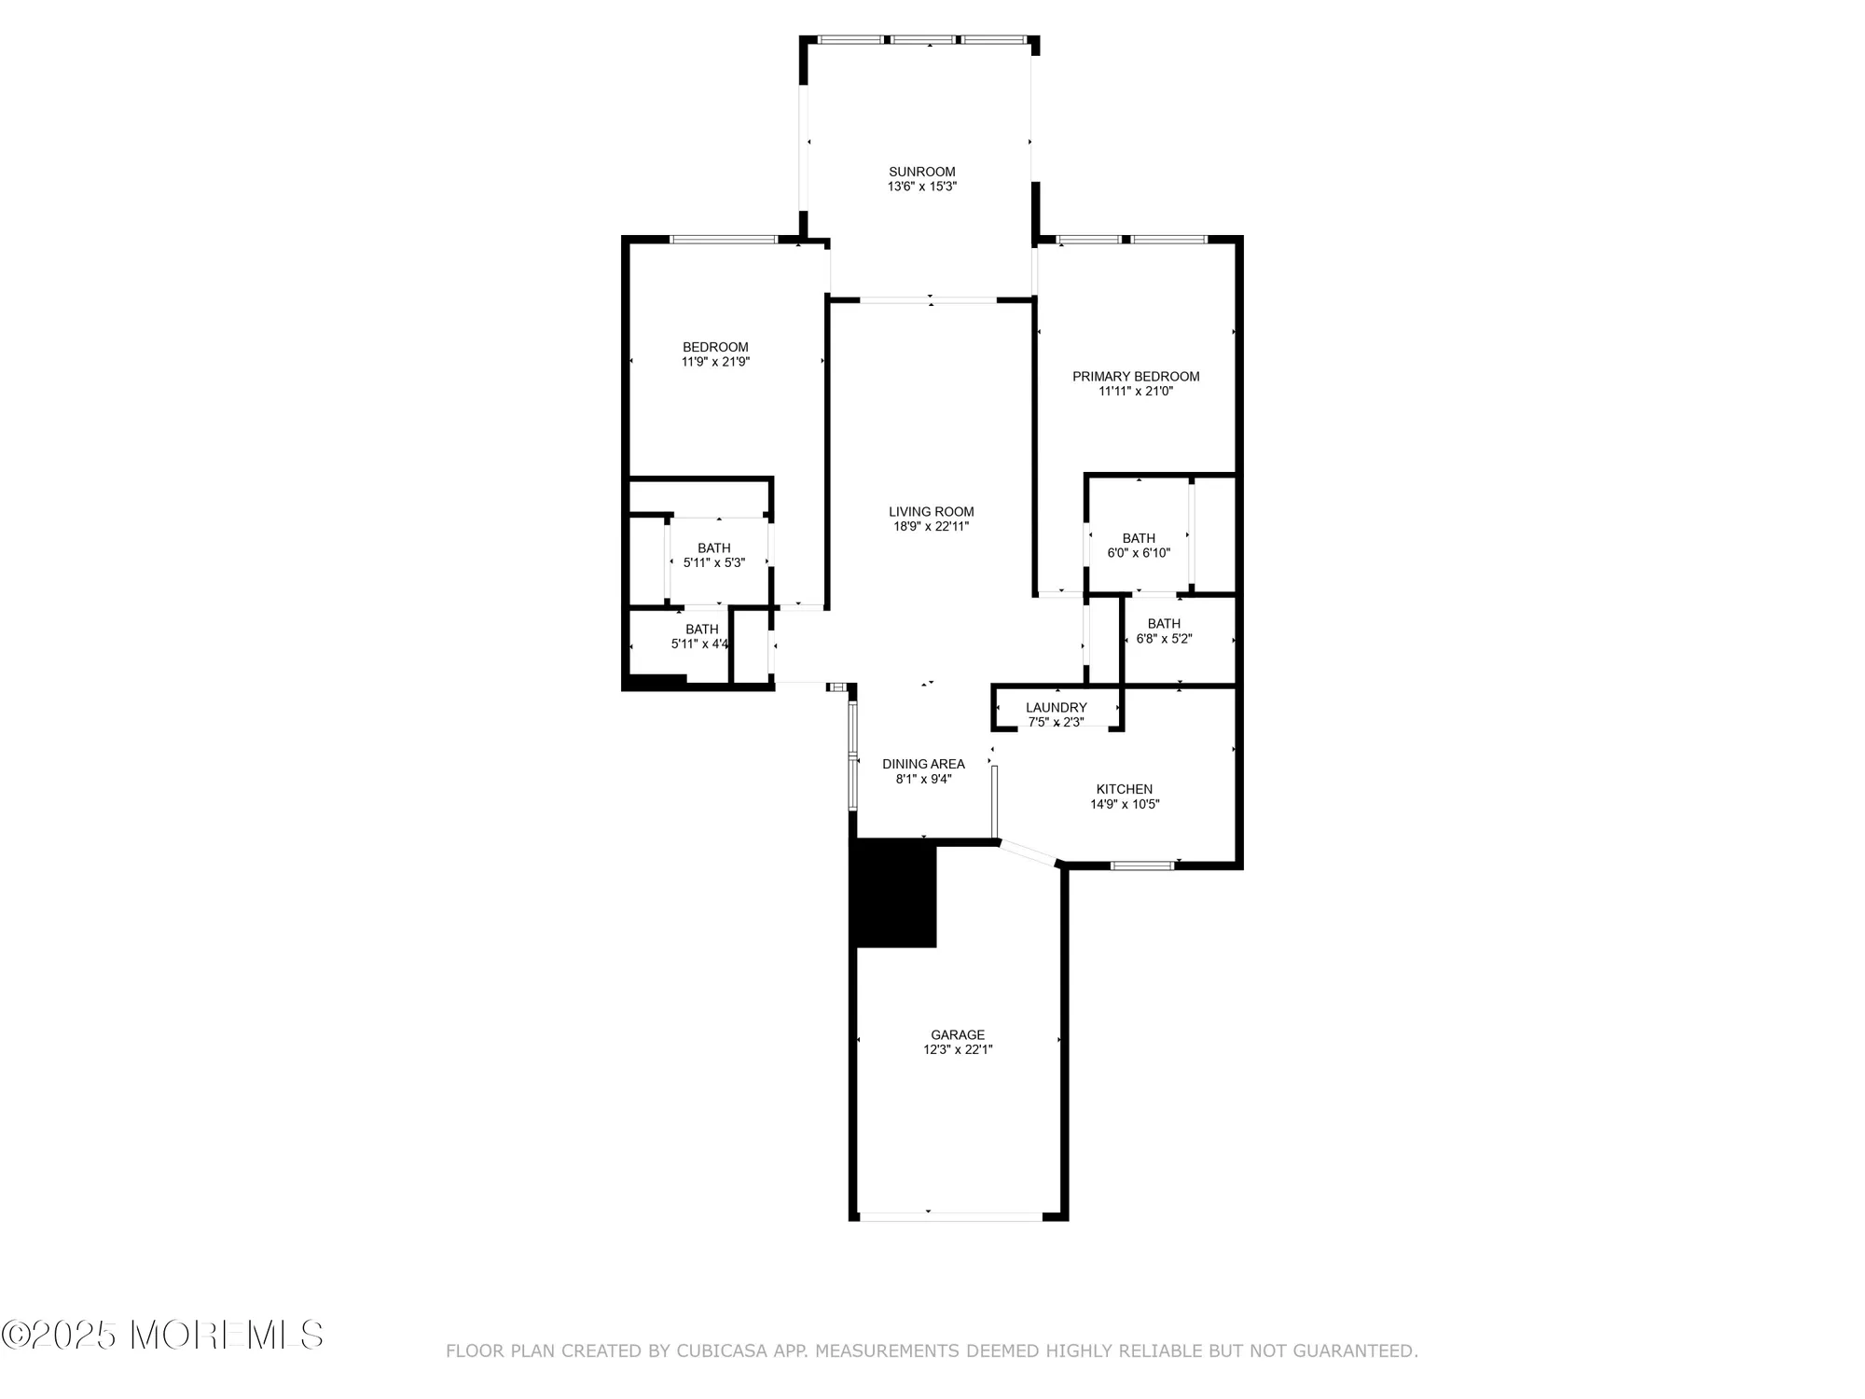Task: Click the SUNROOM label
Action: (921, 172)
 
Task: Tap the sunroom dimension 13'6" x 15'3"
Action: (921, 187)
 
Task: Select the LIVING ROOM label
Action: (931, 511)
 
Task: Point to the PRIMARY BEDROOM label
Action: (1135, 377)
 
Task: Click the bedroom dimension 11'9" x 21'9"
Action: (715, 362)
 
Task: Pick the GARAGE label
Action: (957, 1034)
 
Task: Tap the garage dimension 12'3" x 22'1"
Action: (957, 1049)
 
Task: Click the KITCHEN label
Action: (1124, 789)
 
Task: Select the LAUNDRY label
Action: (1056, 707)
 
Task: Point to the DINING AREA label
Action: (923, 764)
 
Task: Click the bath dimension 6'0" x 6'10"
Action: (1138, 553)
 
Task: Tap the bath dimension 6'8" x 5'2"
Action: (1164, 639)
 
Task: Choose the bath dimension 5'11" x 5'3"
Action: (713, 562)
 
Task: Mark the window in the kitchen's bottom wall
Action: (1142, 866)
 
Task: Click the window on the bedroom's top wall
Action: (724, 240)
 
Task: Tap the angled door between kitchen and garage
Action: (1028, 852)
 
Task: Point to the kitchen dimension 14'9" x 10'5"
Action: (1124, 804)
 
